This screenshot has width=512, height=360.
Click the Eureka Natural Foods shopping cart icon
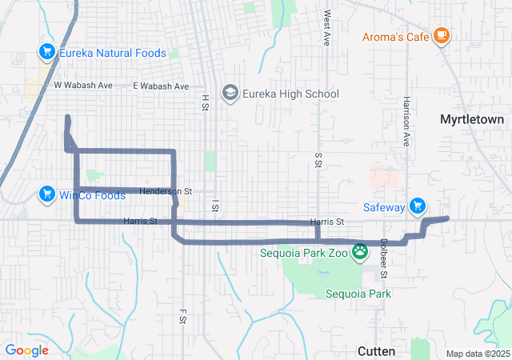point(46,53)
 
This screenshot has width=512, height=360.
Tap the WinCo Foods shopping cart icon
point(46,194)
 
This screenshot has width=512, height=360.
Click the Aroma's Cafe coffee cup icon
point(441,36)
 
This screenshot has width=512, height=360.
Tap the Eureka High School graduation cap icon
point(230,94)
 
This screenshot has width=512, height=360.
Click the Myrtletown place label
point(472,119)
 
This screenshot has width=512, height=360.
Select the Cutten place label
point(375,350)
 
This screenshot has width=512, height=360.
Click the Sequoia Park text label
point(358,294)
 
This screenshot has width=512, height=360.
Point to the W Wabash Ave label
point(80,85)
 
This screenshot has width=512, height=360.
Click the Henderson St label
point(166,191)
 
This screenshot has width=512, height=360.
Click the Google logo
point(26,350)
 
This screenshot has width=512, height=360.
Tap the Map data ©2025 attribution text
point(477,354)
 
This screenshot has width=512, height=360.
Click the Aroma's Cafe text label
point(395,37)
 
